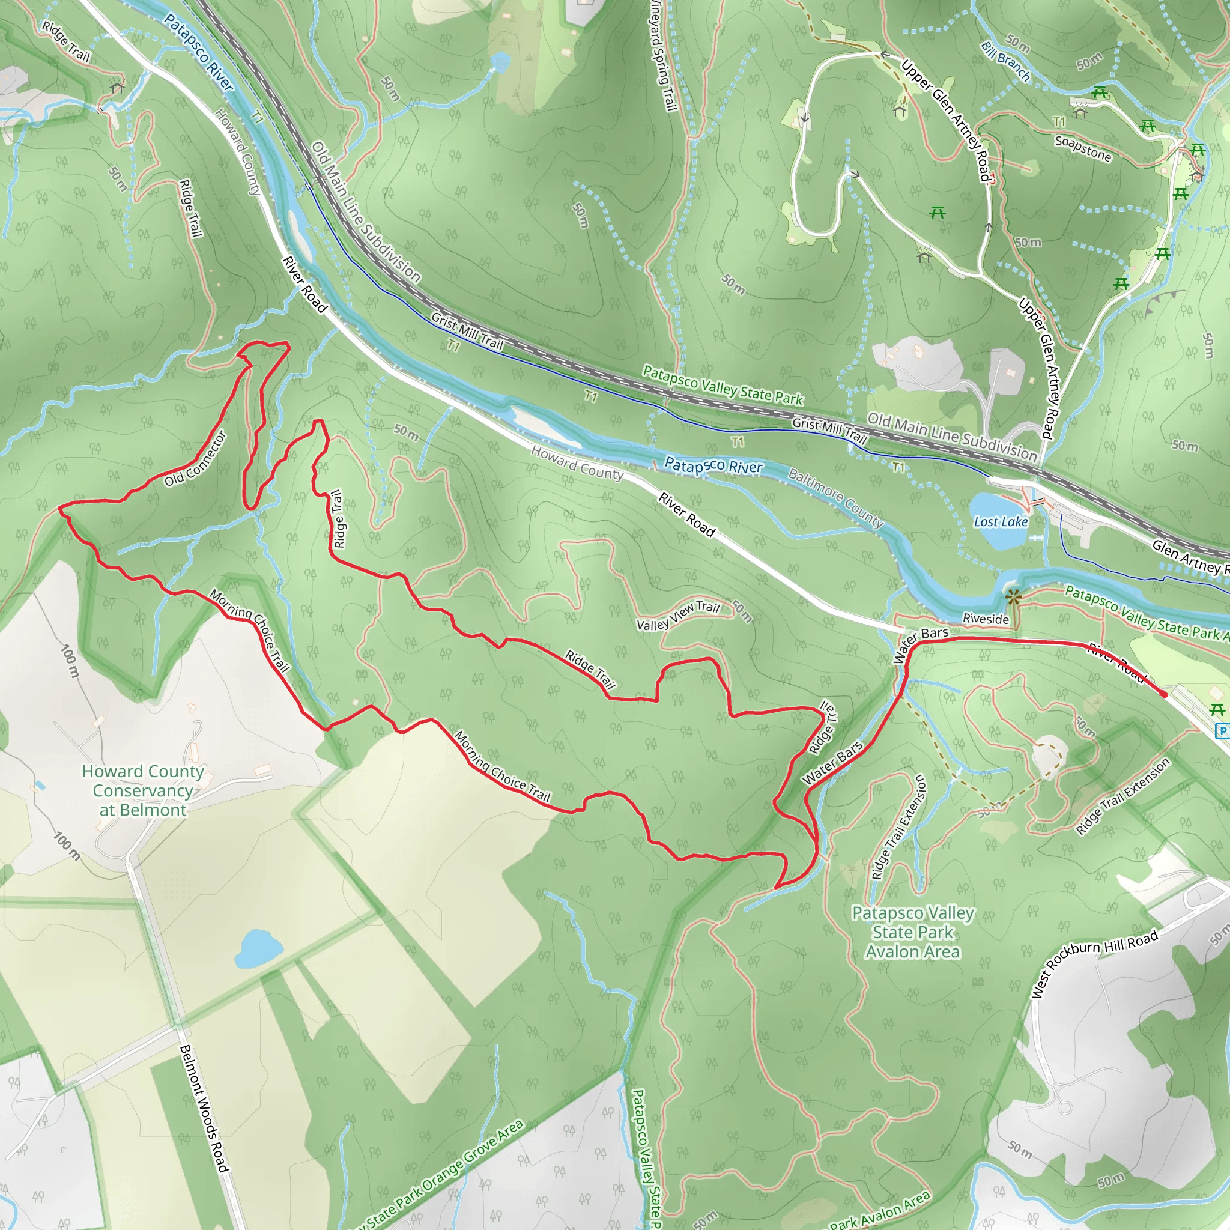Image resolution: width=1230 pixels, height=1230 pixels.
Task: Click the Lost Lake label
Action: coord(1000,522)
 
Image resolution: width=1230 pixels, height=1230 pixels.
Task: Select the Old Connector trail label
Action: coord(195,459)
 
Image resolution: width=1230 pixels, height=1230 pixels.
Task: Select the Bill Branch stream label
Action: coord(1005,62)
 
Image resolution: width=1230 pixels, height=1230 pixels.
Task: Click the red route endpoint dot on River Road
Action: coord(1165,694)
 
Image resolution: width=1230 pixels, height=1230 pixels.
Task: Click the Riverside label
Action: coord(986,619)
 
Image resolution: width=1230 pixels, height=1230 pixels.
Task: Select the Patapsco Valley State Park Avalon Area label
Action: coord(912,932)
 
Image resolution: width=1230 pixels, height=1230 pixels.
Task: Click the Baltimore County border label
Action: coord(835,498)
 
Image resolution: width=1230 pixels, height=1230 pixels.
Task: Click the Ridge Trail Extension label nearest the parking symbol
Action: coord(1122,796)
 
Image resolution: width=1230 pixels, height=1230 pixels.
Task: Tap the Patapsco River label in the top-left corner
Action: coord(199,53)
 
